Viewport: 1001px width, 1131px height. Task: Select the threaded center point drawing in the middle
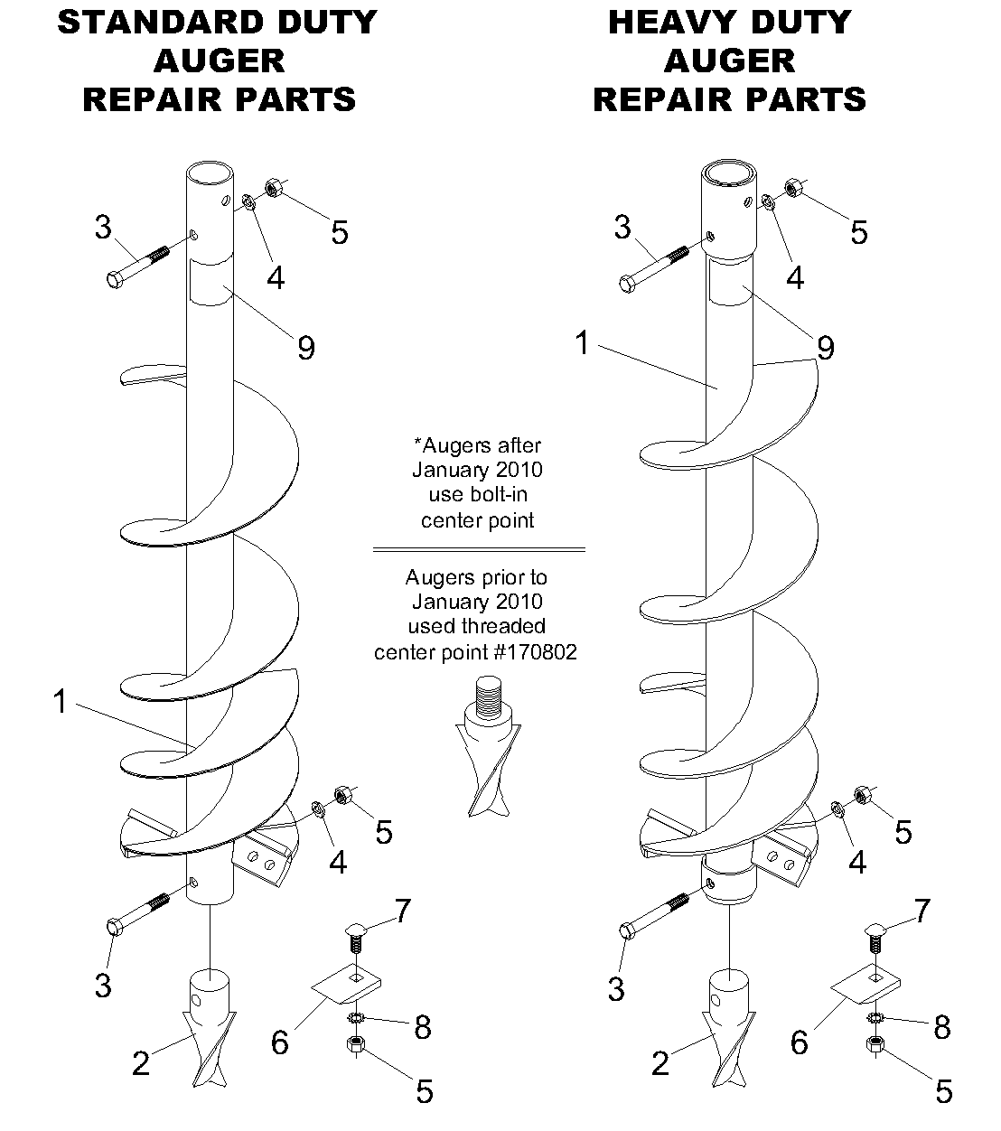coord(487,750)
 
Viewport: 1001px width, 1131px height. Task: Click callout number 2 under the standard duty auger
coord(141,1063)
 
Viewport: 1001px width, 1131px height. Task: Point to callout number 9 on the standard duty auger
coord(306,347)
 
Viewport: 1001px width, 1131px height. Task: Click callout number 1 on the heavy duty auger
coord(584,344)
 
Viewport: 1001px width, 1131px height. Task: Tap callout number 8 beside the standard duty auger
coord(422,1027)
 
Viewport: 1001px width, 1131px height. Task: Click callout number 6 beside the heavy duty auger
coord(799,1042)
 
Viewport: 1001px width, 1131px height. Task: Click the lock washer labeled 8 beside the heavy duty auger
coord(874,1018)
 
